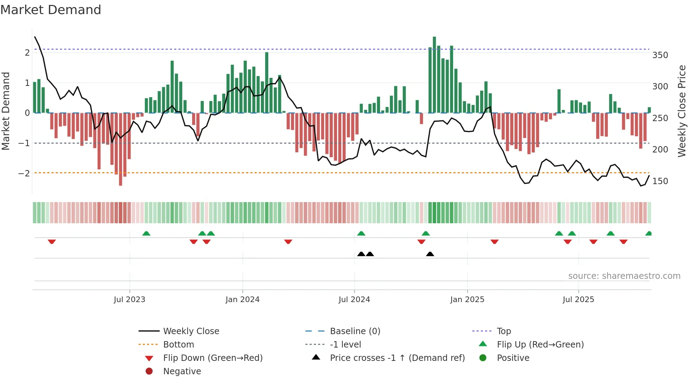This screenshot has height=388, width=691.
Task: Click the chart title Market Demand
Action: tap(51, 10)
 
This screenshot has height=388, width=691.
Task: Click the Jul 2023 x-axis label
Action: tap(129, 300)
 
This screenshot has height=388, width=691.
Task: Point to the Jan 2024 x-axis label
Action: tap(243, 300)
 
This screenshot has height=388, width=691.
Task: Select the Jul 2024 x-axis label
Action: tap(354, 300)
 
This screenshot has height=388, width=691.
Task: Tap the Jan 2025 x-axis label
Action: tap(467, 300)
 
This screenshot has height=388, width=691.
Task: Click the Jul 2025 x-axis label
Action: tap(578, 300)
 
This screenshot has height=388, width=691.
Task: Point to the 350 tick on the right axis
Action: tap(660, 55)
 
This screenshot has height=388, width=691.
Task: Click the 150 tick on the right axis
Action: tap(660, 181)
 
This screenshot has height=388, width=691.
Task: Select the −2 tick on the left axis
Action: tap(24, 173)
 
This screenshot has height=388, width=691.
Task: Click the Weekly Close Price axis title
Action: tap(682, 111)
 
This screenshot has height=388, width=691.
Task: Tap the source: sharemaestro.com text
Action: tap(624, 276)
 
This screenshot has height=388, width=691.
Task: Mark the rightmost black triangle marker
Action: tap(430, 254)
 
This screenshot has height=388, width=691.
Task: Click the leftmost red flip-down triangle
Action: tap(52, 242)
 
